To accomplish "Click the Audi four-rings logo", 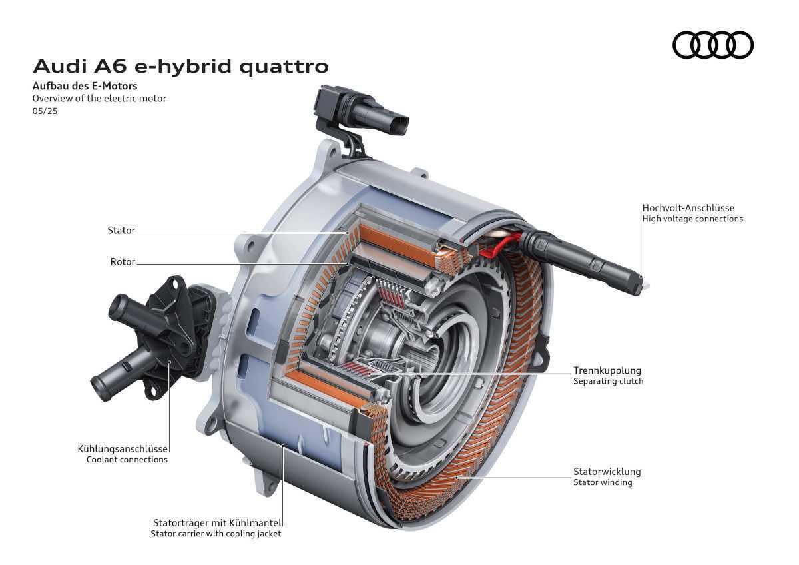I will (712, 45).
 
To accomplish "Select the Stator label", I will (121, 231).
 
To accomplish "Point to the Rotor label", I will (123, 262).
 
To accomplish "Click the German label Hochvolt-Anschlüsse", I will (688, 208).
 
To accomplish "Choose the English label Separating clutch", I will (608, 382).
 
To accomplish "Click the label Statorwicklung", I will (607, 472).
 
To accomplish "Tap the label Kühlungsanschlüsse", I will (123, 449).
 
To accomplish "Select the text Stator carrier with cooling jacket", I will (216, 534).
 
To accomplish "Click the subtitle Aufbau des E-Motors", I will (85, 86).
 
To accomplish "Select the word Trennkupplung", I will (607, 370).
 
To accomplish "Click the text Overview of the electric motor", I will (99, 99).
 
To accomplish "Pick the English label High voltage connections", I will (692, 219).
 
